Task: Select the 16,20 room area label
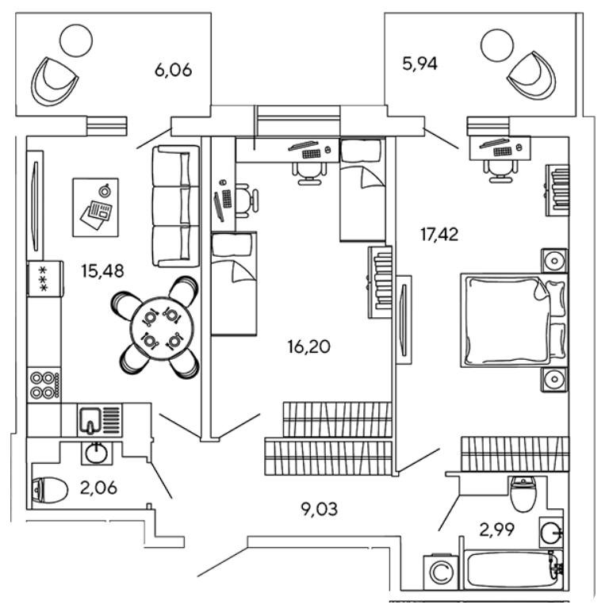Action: click(308, 346)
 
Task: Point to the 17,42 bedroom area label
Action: click(441, 234)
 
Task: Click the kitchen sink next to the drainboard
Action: click(90, 419)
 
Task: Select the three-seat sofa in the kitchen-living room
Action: click(174, 206)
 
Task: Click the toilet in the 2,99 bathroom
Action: click(523, 495)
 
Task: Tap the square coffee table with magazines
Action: click(95, 206)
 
